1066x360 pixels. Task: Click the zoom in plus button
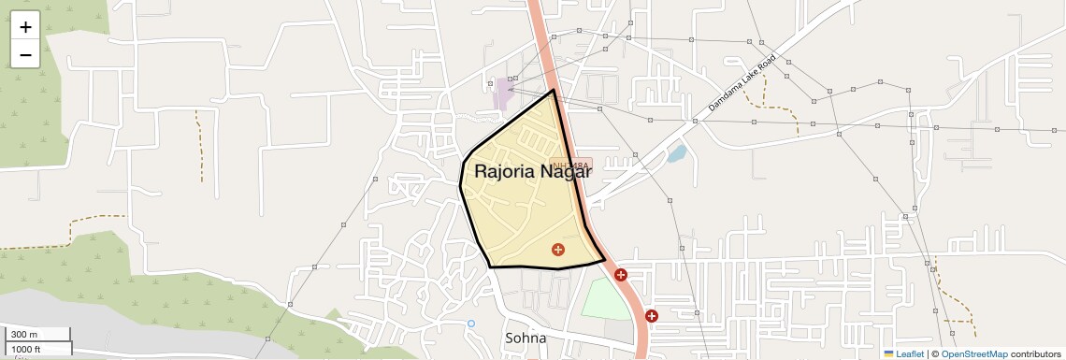25,27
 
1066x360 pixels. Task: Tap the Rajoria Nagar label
533,171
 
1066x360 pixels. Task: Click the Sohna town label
525,338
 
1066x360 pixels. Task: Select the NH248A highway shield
572,165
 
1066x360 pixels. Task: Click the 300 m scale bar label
25,335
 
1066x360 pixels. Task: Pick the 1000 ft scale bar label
27,349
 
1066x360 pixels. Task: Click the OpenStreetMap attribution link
973,353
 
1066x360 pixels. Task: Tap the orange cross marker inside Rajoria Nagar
558,249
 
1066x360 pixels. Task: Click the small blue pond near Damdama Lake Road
676,152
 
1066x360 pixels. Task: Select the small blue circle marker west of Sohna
471,324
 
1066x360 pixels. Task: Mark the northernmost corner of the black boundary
554,90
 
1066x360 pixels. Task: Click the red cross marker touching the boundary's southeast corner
620,275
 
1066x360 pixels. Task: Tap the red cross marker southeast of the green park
651,316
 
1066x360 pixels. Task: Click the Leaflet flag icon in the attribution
889,353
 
